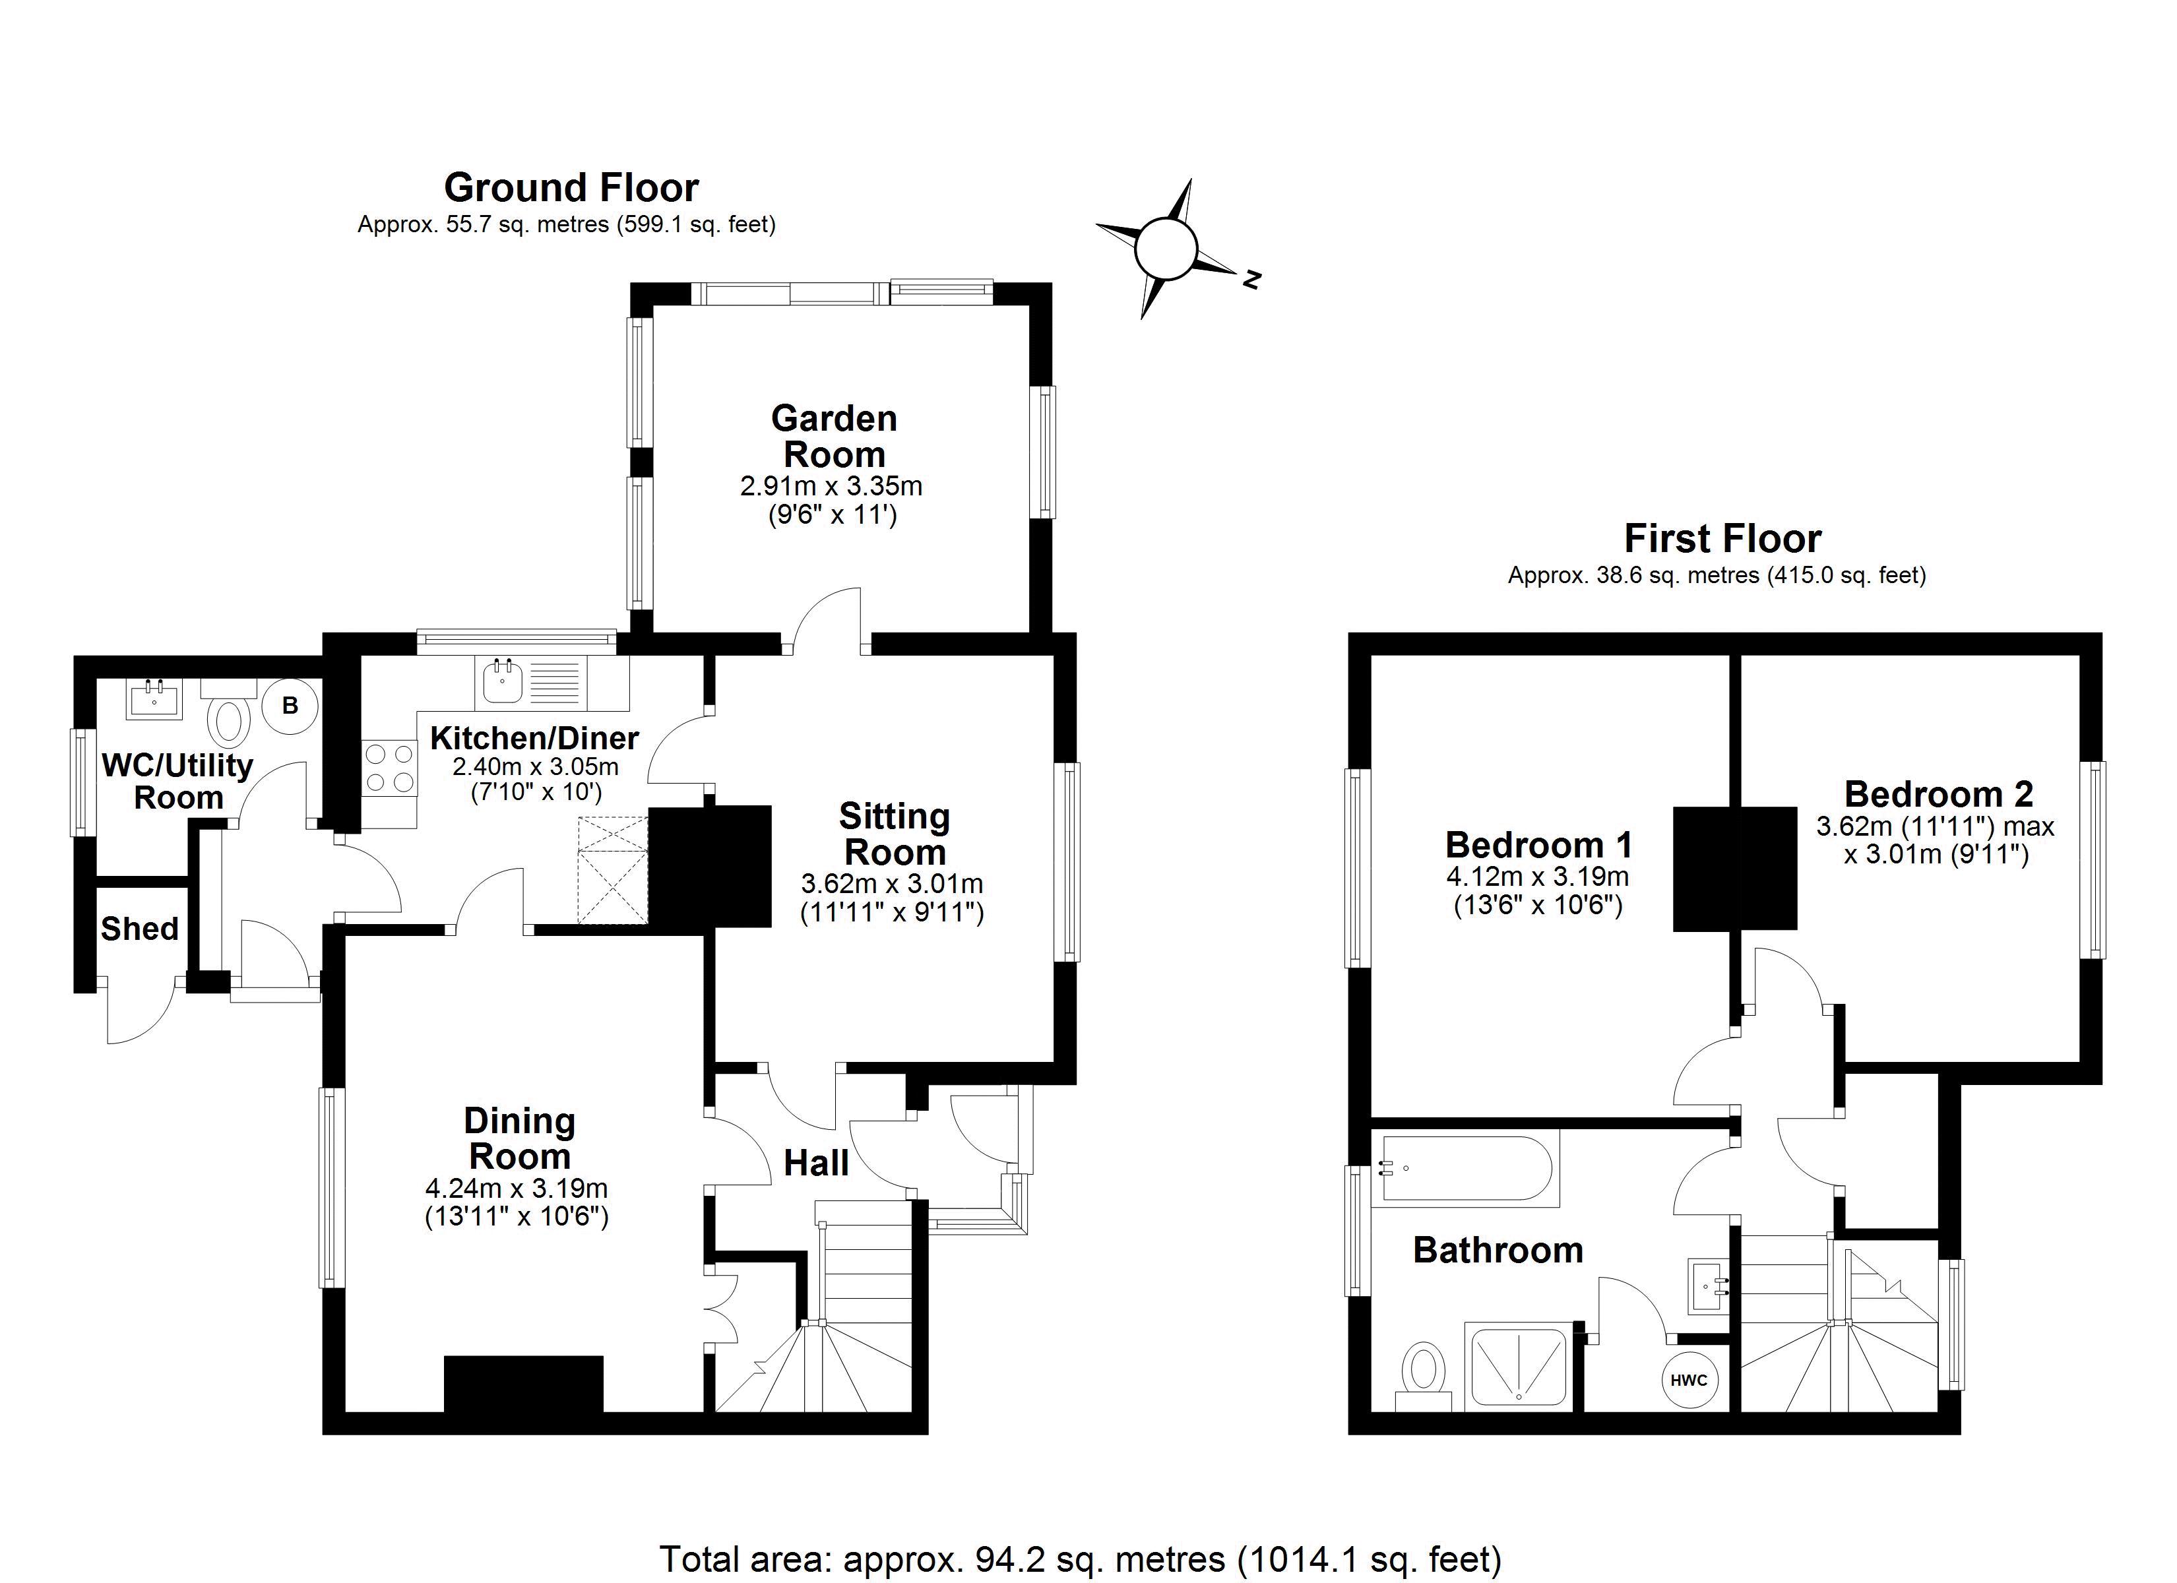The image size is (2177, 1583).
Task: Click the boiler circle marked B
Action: click(x=289, y=706)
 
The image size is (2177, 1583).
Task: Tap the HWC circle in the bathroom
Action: click(x=1688, y=1381)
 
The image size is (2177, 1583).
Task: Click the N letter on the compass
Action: click(x=1251, y=280)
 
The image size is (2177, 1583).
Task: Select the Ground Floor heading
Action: click(x=571, y=188)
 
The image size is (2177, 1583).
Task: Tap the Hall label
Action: click(x=816, y=1164)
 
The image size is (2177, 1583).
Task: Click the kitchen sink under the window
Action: click(x=502, y=683)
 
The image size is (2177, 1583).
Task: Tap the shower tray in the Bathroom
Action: click(x=1517, y=1368)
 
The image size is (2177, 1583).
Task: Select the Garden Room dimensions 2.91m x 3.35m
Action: click(x=831, y=485)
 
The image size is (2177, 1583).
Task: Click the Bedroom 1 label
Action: click(x=1538, y=845)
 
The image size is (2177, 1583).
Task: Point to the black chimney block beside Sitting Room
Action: click(x=711, y=866)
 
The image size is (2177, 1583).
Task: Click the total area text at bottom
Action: click(x=1080, y=1559)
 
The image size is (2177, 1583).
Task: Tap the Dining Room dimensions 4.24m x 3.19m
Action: click(x=517, y=1189)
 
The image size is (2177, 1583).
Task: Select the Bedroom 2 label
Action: click(x=1938, y=794)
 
